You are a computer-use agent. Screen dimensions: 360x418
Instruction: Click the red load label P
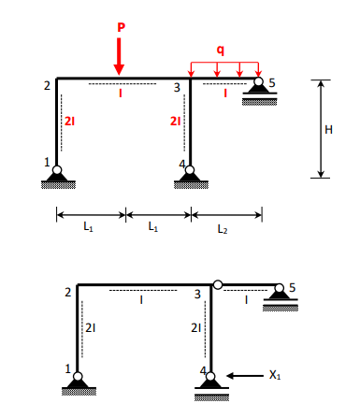click(x=120, y=27)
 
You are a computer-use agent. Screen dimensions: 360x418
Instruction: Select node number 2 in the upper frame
click(x=46, y=87)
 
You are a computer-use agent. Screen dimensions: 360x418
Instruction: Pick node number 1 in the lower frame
click(x=66, y=370)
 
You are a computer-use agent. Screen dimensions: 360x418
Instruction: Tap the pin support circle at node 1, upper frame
click(x=57, y=171)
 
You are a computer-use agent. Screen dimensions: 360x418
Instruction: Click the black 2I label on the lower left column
click(x=90, y=328)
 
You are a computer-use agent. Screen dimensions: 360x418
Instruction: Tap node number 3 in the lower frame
click(x=197, y=294)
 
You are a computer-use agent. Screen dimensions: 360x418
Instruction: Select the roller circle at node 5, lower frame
click(x=279, y=289)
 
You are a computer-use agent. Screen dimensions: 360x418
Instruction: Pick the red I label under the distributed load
click(x=223, y=93)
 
